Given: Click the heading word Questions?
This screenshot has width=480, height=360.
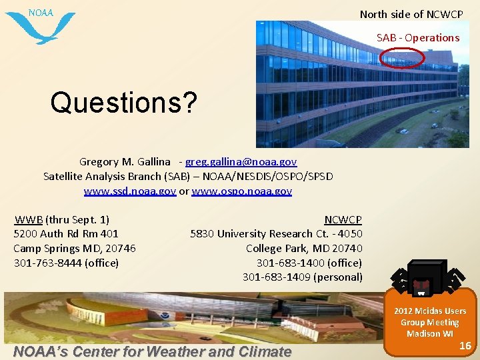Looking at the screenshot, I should pyautogui.click(x=124, y=103).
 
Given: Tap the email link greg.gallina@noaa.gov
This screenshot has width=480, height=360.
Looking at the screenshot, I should pyautogui.click(x=241, y=162).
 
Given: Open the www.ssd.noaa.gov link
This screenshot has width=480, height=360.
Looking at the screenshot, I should pyautogui.click(x=130, y=191).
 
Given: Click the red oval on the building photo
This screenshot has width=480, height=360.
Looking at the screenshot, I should pyautogui.click(x=402, y=59).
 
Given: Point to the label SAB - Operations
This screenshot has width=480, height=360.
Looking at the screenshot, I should pyautogui.click(x=418, y=38).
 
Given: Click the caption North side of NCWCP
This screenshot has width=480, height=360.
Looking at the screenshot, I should pyautogui.click(x=411, y=14).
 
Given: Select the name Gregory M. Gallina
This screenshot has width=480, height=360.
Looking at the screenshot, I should pyautogui.click(x=125, y=162).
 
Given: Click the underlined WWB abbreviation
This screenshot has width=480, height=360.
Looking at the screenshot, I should pyautogui.click(x=29, y=219).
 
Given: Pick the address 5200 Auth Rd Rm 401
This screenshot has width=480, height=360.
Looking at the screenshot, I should pyautogui.click(x=66, y=234).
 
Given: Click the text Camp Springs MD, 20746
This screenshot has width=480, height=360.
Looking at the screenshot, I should pyautogui.click(x=75, y=248).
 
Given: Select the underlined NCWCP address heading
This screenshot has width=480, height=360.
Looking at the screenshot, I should pyautogui.click(x=343, y=219).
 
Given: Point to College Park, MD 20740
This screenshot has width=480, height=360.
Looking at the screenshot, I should pyautogui.click(x=304, y=248).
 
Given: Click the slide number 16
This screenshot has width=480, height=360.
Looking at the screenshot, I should pyautogui.click(x=466, y=345).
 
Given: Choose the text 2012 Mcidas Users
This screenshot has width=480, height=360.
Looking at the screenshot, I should pyautogui.click(x=430, y=311).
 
